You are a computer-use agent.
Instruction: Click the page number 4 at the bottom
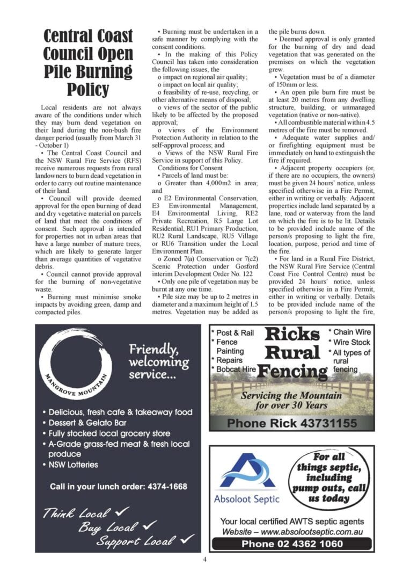point(204,559)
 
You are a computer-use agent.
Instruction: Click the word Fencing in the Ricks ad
point(292,372)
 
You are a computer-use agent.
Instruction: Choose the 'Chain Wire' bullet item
point(352,332)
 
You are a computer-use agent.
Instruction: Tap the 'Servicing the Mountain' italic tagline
point(291,396)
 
